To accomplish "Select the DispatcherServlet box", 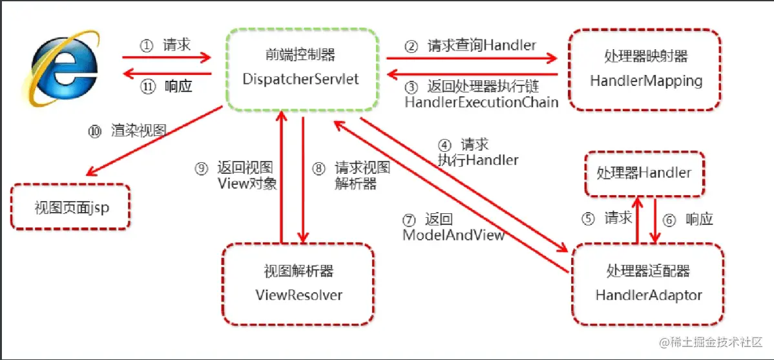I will (x=301, y=69).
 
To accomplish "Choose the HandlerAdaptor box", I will (x=648, y=284).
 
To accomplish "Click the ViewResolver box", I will (x=298, y=284).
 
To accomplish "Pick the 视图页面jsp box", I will (x=70, y=207).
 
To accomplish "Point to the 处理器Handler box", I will (x=643, y=173).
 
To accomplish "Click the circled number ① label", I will (x=146, y=46).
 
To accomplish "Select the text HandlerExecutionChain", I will (x=481, y=102).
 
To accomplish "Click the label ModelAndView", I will (x=453, y=235).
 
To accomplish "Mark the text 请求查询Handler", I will (x=481, y=46).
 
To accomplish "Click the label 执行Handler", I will (x=478, y=159).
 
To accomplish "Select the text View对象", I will (x=248, y=184).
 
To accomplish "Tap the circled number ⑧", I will (x=318, y=169).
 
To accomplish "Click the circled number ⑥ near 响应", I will (x=669, y=220).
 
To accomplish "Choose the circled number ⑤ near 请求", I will (x=587, y=218).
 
